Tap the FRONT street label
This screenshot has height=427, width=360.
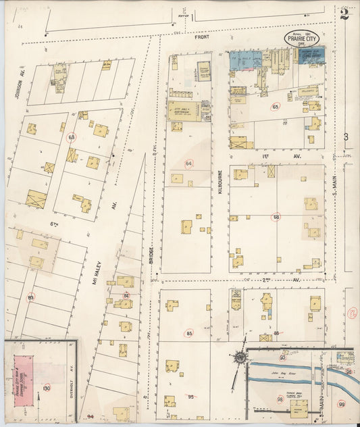[203, 38]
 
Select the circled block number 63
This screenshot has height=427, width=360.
[72, 137]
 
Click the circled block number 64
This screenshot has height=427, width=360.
[189, 164]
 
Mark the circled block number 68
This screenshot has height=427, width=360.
[276, 217]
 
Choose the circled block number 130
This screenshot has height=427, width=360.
[46, 388]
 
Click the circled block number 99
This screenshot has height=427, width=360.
[342, 404]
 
